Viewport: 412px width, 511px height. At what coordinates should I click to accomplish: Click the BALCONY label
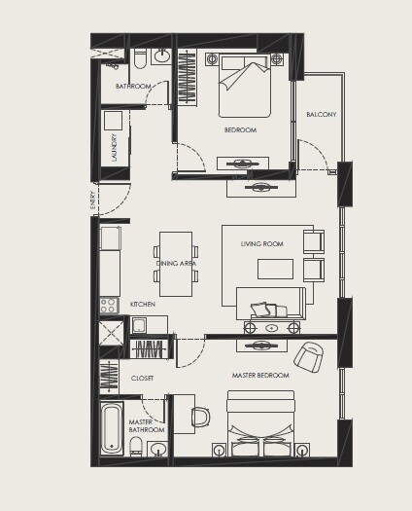click(x=321, y=115)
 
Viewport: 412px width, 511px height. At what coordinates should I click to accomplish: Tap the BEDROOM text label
click(x=240, y=129)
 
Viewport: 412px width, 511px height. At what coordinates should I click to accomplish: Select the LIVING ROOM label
click(x=261, y=244)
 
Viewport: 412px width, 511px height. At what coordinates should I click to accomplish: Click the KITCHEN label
click(x=142, y=304)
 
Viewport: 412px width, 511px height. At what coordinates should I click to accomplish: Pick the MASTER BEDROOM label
click(x=259, y=375)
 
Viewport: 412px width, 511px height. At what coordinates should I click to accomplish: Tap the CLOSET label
click(x=142, y=377)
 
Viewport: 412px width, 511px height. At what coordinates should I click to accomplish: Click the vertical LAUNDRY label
click(x=114, y=147)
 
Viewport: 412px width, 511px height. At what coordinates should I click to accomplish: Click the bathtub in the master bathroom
click(x=112, y=428)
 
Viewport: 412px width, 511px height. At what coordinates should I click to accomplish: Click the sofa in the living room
click(x=270, y=306)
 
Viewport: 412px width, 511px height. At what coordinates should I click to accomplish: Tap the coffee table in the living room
click(x=273, y=270)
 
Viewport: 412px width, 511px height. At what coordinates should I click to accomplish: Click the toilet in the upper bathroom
click(x=140, y=60)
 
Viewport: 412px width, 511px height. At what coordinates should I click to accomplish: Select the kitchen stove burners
click(x=109, y=306)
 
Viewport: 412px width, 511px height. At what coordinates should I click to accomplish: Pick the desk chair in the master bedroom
click(x=200, y=417)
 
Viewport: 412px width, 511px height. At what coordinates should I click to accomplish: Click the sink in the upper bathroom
click(x=161, y=56)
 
